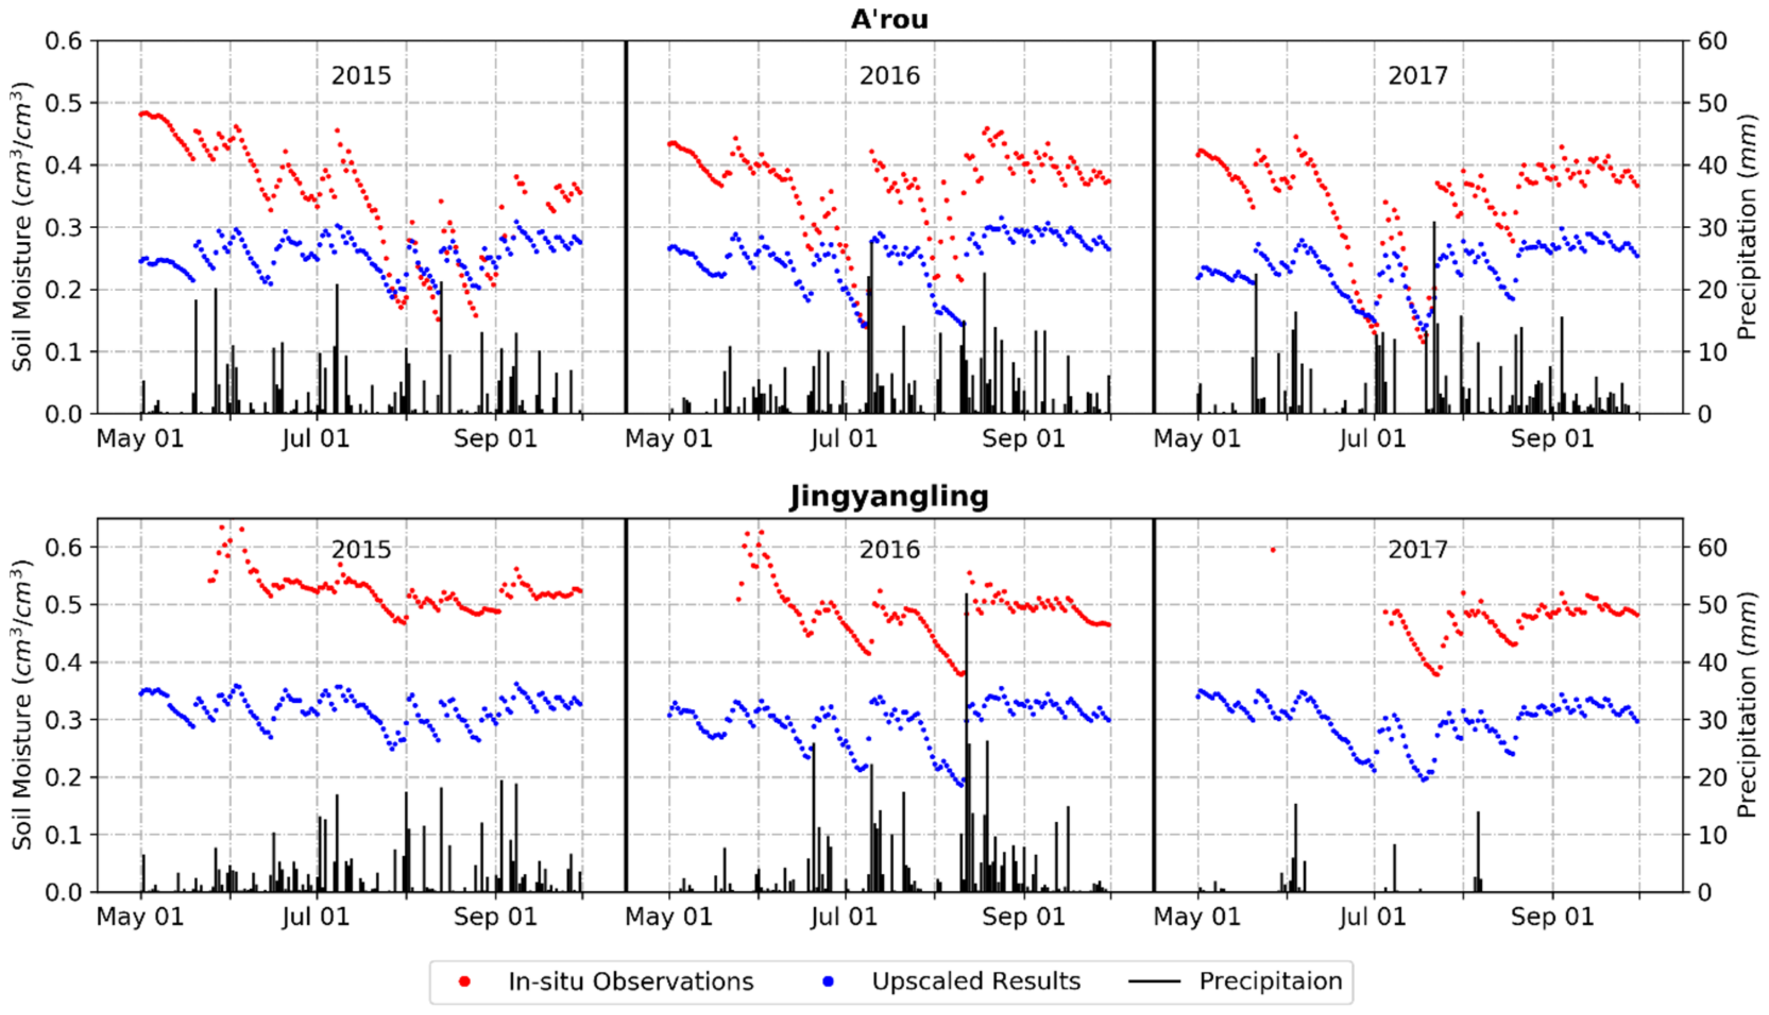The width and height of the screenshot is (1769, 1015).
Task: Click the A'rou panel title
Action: [x=889, y=20]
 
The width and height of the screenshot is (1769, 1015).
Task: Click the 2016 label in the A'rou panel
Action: [x=889, y=75]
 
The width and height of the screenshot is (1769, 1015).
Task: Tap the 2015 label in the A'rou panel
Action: [x=361, y=75]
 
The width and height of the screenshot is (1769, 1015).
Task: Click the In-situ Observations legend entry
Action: [x=631, y=982]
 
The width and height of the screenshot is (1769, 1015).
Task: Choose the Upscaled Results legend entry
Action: [x=976, y=982]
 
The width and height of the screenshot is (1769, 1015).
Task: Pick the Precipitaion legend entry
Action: [x=1270, y=982]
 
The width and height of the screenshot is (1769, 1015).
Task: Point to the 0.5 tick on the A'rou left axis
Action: [x=63, y=103]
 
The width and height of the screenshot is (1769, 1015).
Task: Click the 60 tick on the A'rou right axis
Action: [x=1712, y=41]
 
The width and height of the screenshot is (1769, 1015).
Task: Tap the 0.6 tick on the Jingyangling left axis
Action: [x=63, y=547]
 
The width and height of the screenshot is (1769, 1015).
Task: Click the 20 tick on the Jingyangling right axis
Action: [x=1712, y=777]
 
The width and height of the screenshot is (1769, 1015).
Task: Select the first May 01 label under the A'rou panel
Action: [x=139, y=439]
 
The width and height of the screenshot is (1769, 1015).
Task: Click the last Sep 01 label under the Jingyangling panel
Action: [x=1552, y=917]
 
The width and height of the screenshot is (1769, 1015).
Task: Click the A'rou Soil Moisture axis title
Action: [x=22, y=227]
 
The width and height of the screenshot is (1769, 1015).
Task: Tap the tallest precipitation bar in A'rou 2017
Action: [x=1434, y=314]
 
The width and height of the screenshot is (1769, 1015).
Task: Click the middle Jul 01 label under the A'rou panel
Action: [x=844, y=439]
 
